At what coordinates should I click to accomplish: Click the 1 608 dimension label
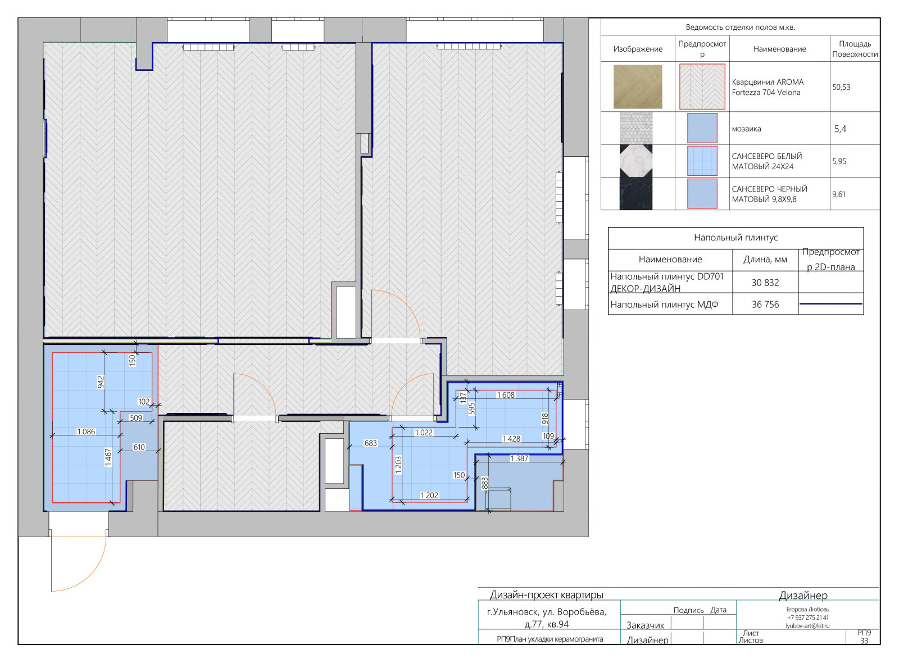(x=506, y=395)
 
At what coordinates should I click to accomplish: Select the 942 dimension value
(x=101, y=382)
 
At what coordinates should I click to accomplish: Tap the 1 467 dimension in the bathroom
(x=108, y=457)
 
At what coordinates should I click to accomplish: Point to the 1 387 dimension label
(x=520, y=458)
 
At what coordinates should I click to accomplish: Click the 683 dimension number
(x=370, y=443)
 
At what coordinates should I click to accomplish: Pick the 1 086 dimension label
(x=87, y=432)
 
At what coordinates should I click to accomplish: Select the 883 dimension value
(x=485, y=483)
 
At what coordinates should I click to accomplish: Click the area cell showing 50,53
(x=841, y=87)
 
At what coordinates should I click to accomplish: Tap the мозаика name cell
(x=746, y=129)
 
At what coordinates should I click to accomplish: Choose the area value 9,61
(x=839, y=194)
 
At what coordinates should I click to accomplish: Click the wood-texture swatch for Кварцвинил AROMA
(x=638, y=87)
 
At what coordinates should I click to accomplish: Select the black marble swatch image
(x=635, y=193)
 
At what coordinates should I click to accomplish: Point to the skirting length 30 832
(x=765, y=283)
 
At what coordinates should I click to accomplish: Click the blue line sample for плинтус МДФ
(x=831, y=304)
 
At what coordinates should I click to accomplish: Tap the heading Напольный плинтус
(x=735, y=238)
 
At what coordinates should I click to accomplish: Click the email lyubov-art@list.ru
(x=807, y=626)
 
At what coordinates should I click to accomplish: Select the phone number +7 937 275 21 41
(x=807, y=617)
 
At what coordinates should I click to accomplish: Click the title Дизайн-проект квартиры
(x=547, y=595)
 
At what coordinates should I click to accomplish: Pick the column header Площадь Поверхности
(x=855, y=49)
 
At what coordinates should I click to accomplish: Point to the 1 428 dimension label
(x=511, y=439)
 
